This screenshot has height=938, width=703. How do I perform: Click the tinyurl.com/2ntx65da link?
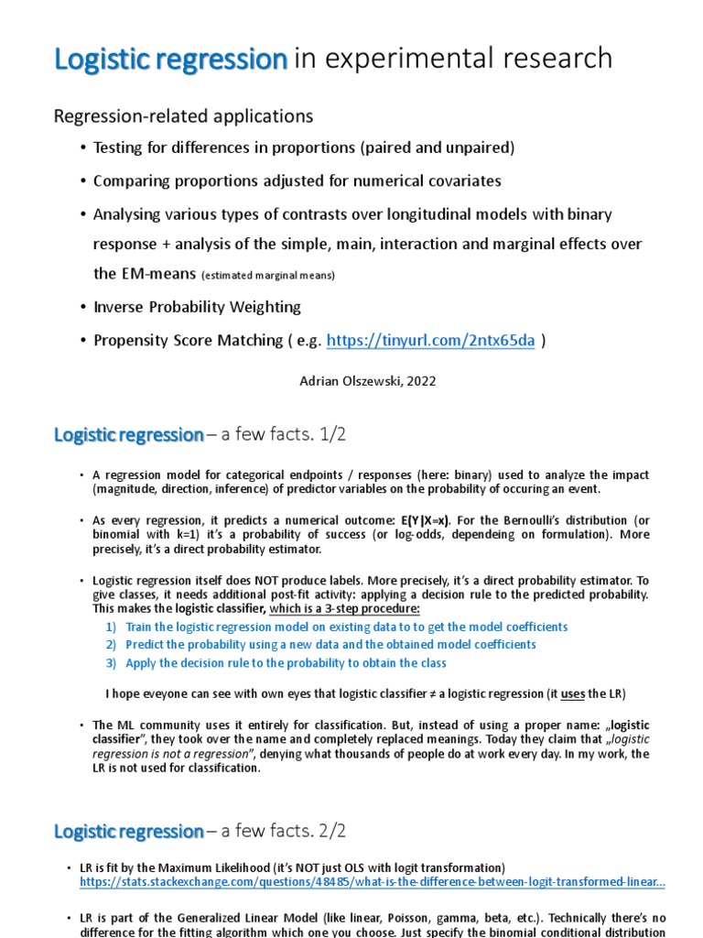[430, 340]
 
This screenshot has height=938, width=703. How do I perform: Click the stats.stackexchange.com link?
[373, 882]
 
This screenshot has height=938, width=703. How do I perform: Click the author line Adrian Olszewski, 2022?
[368, 381]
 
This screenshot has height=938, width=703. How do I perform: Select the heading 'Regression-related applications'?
[183, 115]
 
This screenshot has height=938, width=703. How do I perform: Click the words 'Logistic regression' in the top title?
[171, 59]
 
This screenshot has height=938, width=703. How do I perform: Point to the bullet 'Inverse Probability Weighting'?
[197, 307]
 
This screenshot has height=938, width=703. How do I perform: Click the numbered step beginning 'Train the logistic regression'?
[346, 627]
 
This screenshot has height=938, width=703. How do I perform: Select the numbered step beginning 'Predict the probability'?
[330, 645]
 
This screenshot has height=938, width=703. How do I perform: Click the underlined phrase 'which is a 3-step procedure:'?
[345, 608]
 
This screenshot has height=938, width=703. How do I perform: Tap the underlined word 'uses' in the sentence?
[572, 693]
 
